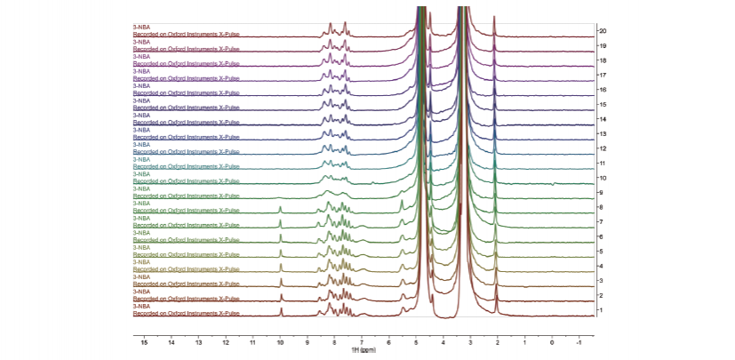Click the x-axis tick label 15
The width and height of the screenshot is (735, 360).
144,341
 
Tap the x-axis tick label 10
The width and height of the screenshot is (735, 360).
280,341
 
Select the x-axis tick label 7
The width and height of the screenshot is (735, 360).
362,341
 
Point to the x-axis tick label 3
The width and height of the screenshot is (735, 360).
470,341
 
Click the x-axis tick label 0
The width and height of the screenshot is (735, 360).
552,341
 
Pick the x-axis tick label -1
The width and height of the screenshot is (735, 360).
579,341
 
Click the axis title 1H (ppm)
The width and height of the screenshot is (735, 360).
363,348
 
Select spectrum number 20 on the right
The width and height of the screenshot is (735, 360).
603,31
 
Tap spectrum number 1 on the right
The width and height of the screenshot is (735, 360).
601,310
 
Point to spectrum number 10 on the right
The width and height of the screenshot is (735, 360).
603,178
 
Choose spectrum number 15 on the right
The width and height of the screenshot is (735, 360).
603,105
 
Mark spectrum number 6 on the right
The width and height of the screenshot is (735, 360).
601,236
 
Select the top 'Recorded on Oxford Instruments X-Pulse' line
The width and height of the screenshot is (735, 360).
187,34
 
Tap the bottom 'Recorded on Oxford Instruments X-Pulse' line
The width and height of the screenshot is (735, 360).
187,313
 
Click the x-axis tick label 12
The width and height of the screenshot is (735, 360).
226,341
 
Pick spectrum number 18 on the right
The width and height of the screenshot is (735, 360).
603,60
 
